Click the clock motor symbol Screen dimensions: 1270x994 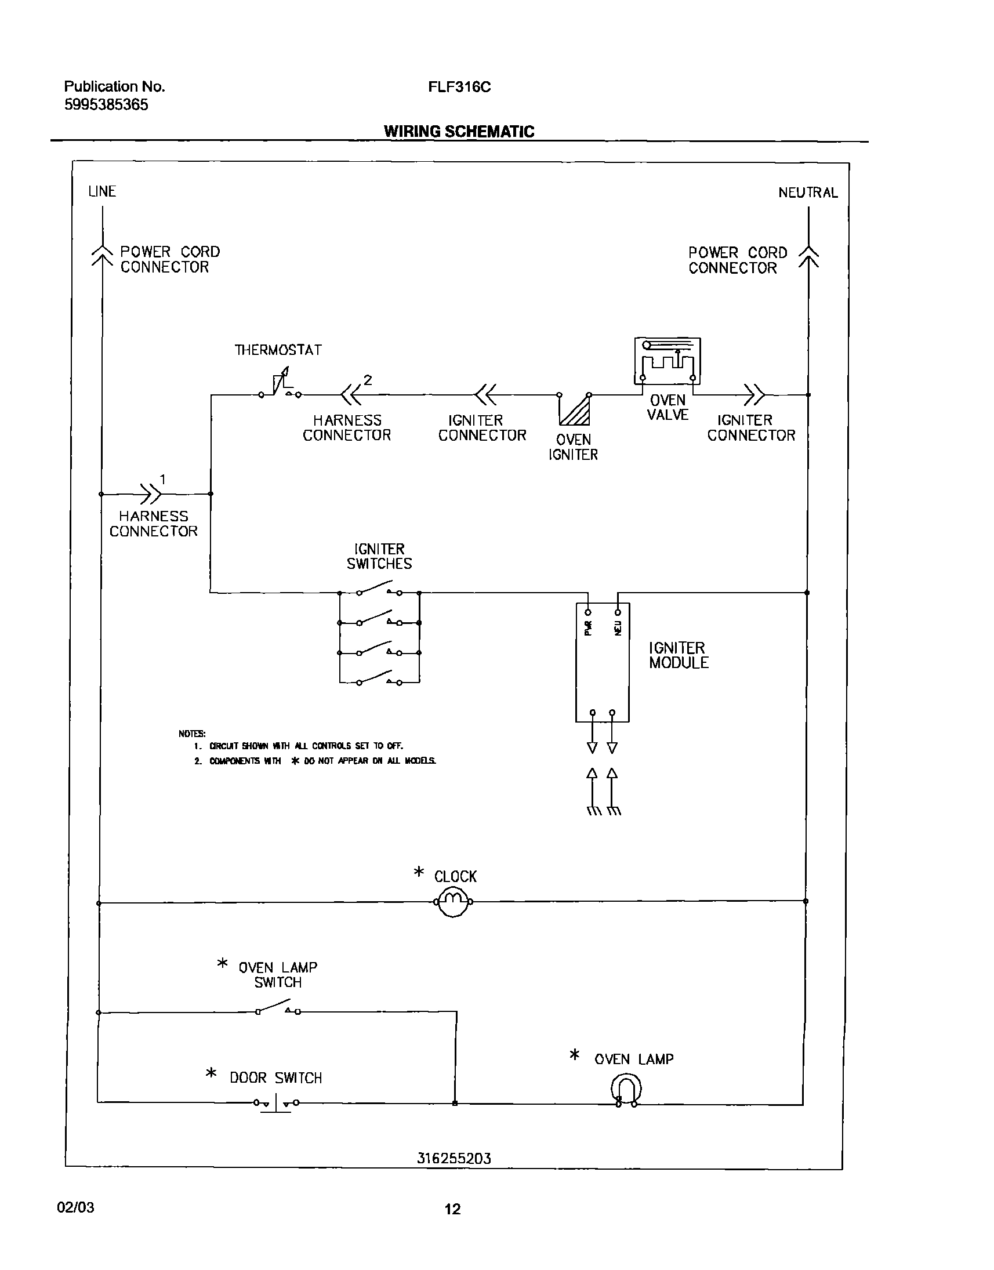[x=454, y=902]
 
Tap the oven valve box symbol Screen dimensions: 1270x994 [x=667, y=361]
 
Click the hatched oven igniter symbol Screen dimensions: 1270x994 [x=575, y=410]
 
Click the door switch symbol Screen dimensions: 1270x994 [x=276, y=1102]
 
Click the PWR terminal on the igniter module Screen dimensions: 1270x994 [x=588, y=612]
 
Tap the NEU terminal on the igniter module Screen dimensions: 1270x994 [x=618, y=612]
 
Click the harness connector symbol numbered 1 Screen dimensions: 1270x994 [x=151, y=494]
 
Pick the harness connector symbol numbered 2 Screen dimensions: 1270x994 [x=351, y=394]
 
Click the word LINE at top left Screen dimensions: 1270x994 [x=102, y=191]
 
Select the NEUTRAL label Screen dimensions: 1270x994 [x=808, y=193]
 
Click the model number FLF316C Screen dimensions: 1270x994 [x=459, y=87]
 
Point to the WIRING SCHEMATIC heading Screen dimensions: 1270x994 [x=459, y=132]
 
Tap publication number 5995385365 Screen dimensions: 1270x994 [x=106, y=105]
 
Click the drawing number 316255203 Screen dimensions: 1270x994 [x=454, y=1158]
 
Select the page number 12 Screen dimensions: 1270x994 [x=452, y=1209]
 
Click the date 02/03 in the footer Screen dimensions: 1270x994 [x=75, y=1207]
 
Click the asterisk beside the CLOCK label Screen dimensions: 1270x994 [x=419, y=871]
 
